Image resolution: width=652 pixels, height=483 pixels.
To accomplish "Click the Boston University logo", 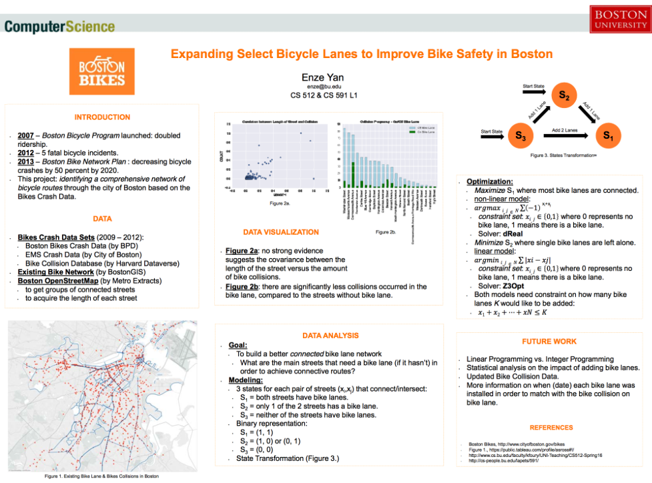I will (x=619, y=19).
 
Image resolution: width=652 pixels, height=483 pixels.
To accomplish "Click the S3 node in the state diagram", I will (x=520, y=135).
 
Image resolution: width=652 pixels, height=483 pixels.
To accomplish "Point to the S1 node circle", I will (x=608, y=135).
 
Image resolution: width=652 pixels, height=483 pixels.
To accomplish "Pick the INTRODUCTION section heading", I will (x=102, y=117).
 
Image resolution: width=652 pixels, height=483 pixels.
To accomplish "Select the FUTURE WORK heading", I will (x=549, y=341).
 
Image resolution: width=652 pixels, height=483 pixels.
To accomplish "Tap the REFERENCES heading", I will (x=551, y=428).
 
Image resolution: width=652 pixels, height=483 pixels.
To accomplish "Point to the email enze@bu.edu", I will (x=324, y=87).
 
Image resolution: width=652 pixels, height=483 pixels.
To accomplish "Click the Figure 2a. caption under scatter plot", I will (x=278, y=202).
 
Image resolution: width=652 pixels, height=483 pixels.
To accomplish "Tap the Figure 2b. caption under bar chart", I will (x=386, y=231).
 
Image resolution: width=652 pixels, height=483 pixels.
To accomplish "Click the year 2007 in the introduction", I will (x=27, y=135).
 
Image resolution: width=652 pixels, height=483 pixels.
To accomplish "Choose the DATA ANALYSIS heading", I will (x=331, y=335).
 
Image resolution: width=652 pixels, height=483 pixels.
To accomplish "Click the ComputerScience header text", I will (x=60, y=27).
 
